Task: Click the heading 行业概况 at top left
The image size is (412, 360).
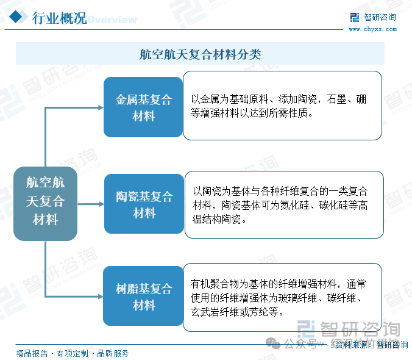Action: click(x=59, y=18)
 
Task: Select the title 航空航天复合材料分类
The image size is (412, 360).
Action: click(x=200, y=54)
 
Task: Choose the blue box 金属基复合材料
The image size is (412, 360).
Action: click(x=144, y=107)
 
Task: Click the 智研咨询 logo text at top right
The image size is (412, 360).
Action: click(x=379, y=17)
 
